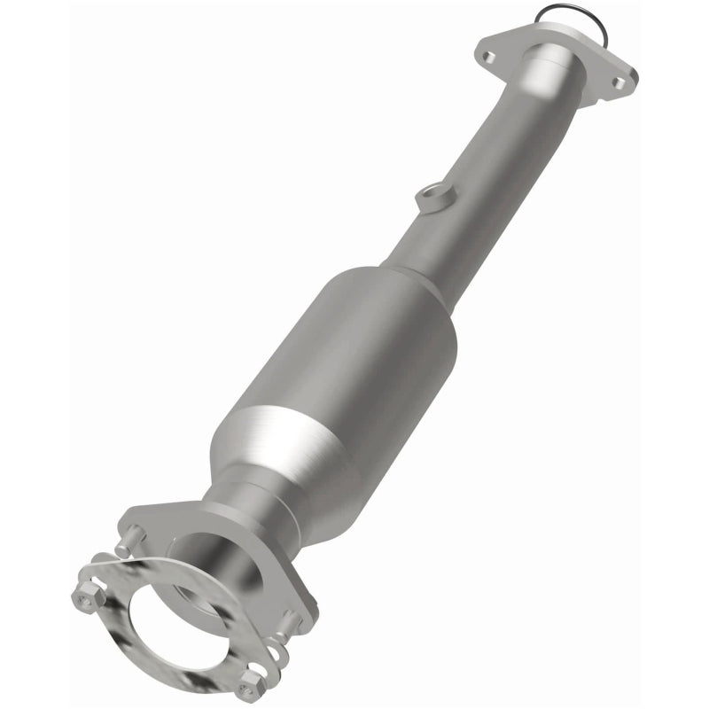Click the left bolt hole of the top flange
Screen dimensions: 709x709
(x=488, y=56)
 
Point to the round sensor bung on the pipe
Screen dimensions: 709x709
(x=433, y=196)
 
